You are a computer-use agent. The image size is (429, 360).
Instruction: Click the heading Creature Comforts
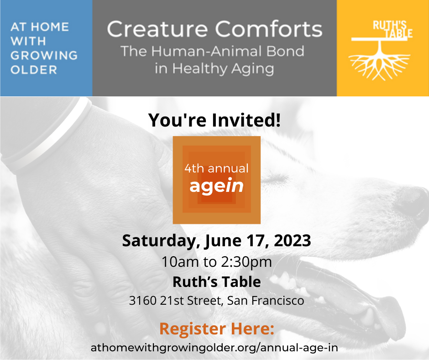tap(214, 30)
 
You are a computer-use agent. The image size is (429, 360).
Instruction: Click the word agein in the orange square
tap(216, 185)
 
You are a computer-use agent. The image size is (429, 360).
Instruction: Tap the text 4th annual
tap(216, 168)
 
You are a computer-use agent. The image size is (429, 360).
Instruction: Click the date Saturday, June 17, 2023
tap(216, 240)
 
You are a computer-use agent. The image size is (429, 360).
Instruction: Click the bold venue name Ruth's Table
tap(216, 282)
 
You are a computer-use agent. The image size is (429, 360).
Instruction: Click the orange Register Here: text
tap(216, 328)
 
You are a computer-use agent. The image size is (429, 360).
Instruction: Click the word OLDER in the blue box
tap(34, 70)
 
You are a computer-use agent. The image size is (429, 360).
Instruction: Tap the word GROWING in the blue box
tap(44, 55)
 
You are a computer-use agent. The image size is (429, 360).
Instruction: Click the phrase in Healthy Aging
tap(214, 69)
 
